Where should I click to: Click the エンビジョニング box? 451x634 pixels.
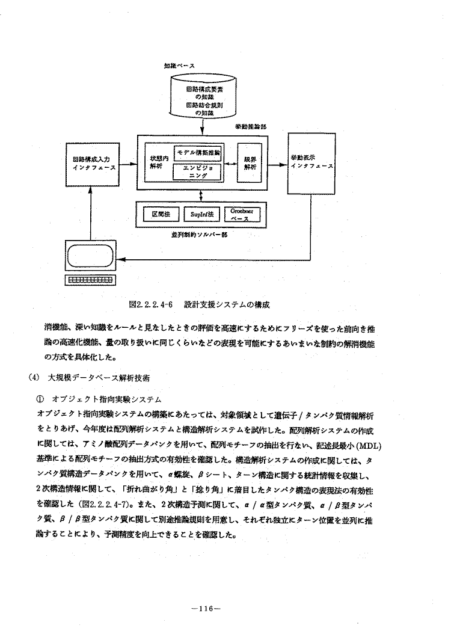[x=197, y=172]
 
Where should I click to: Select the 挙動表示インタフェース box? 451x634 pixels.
[x=310, y=163]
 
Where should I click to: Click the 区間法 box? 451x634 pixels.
[x=157, y=214]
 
